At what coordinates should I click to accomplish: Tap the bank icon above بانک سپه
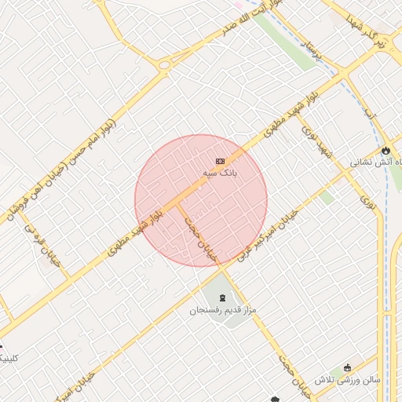point(219,160)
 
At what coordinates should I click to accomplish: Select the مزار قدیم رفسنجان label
point(223,311)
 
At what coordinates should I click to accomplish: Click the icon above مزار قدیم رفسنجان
point(222,298)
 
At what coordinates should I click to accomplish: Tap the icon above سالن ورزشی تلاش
point(348,367)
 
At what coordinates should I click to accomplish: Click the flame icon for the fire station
point(386,150)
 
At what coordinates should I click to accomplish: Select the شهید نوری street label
point(318,142)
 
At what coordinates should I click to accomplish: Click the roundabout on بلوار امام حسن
point(164,64)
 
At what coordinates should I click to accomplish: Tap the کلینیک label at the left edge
point(6,358)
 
